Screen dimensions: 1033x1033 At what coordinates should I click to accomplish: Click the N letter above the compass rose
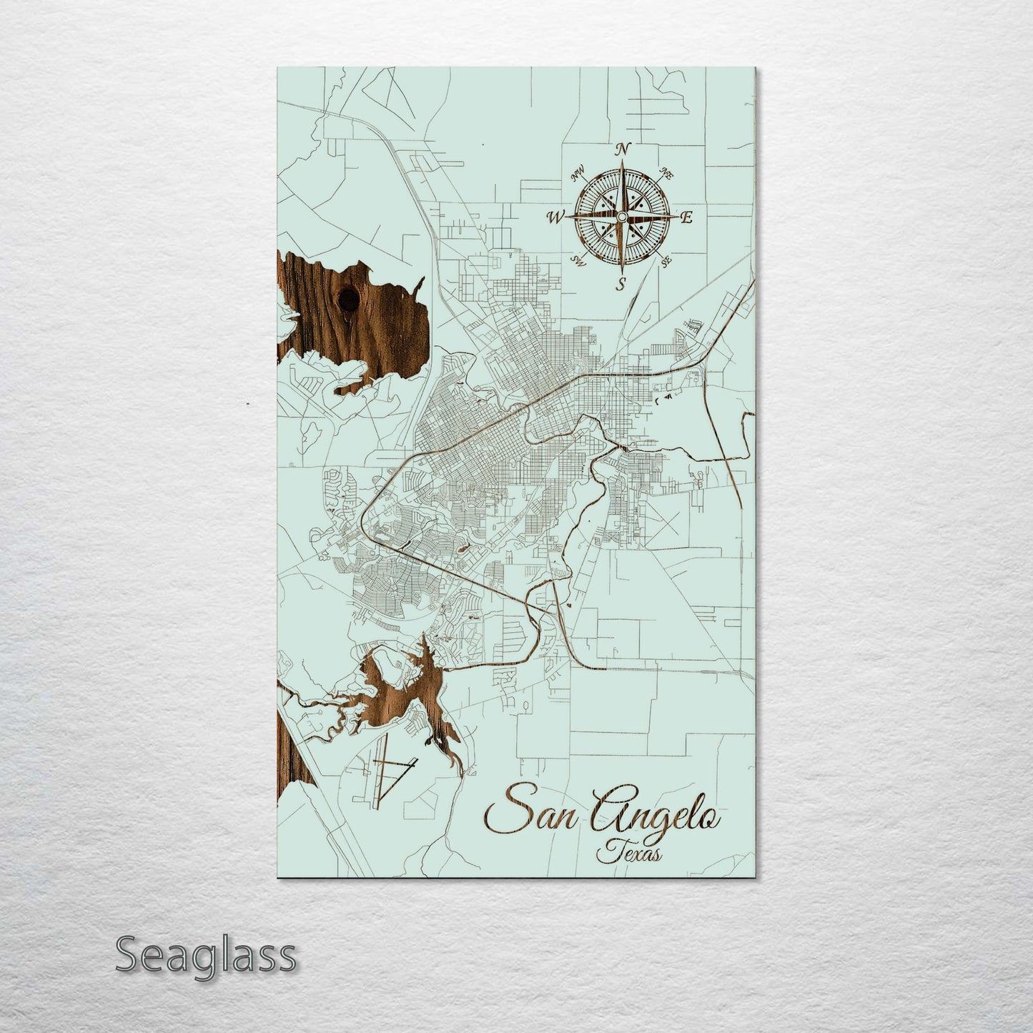click(x=623, y=149)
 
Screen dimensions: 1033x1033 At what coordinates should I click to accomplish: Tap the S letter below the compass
click(x=622, y=284)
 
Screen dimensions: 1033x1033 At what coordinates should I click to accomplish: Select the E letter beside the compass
click(x=686, y=219)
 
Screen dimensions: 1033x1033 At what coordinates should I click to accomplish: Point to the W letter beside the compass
click(x=555, y=217)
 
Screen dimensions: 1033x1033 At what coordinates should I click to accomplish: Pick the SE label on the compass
click(x=667, y=262)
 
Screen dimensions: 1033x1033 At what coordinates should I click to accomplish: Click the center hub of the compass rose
click(x=622, y=217)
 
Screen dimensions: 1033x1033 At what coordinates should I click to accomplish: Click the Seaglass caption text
click(x=205, y=955)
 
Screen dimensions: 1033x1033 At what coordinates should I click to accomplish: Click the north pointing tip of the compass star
click(x=623, y=164)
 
